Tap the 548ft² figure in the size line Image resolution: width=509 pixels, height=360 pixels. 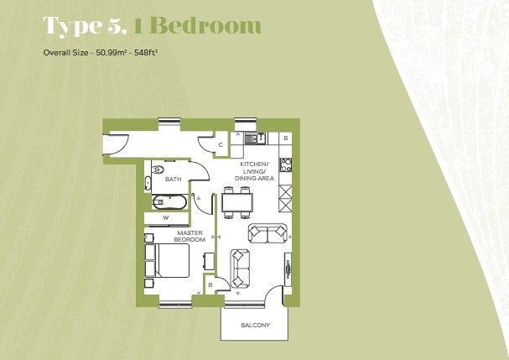145,52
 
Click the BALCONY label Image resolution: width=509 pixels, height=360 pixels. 256,325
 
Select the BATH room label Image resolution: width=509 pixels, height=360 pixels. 173,179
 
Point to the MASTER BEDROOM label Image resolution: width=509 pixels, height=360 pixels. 190,236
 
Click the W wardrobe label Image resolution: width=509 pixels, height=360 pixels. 166,218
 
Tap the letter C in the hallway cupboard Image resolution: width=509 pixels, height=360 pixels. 221,145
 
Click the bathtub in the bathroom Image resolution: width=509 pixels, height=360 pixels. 169,202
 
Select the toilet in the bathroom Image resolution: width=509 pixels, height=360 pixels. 158,170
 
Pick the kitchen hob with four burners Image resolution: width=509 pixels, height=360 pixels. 286,164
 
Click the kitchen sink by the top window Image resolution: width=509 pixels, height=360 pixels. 256,138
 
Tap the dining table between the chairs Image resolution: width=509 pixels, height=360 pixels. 237,202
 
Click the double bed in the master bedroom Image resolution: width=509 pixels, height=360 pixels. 168,260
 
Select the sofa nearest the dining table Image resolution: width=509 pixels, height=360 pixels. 267,233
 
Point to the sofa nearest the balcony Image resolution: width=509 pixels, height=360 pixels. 240,269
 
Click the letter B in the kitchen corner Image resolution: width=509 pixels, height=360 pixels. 286,138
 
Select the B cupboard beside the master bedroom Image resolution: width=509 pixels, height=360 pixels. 210,284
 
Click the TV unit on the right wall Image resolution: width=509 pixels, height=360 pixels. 288,269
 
